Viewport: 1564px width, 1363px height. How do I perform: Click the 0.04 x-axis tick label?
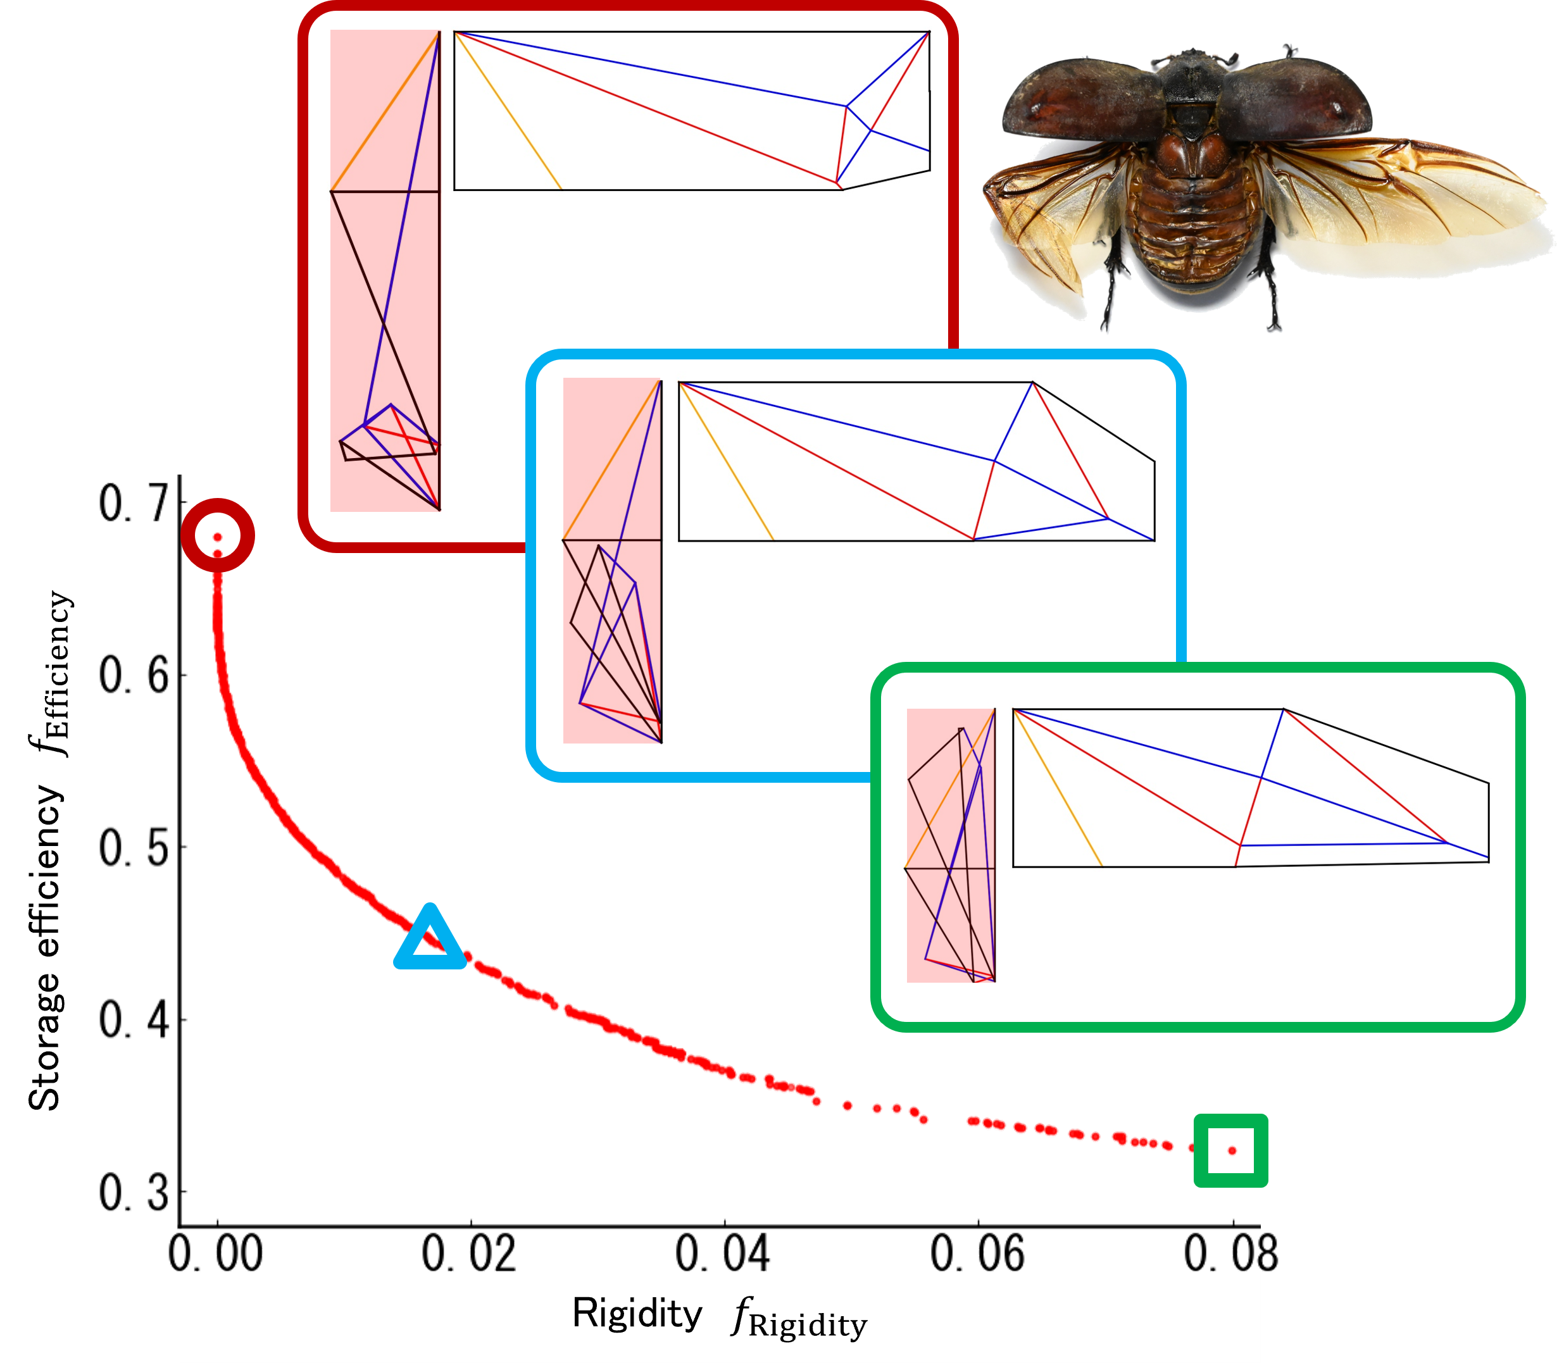tap(723, 1253)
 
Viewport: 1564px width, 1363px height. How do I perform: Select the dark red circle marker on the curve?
tap(218, 535)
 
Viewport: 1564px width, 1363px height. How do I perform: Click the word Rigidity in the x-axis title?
tap(637, 1314)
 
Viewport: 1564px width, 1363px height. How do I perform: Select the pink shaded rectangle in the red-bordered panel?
tap(384, 270)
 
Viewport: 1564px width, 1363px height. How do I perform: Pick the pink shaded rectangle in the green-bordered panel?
tap(951, 845)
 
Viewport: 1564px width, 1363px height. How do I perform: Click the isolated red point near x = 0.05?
tap(848, 1105)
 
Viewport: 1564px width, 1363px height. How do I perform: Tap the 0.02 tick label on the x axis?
tap(470, 1253)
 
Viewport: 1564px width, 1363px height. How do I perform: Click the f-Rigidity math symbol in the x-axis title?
tap(799, 1319)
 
